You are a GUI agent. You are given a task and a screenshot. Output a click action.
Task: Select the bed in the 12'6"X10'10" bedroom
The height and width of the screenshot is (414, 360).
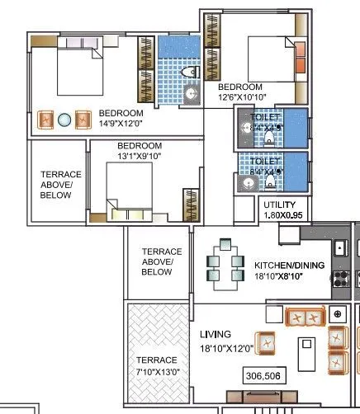point(272,55)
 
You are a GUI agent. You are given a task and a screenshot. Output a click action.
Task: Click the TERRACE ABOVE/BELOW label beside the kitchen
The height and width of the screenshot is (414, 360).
point(156,261)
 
